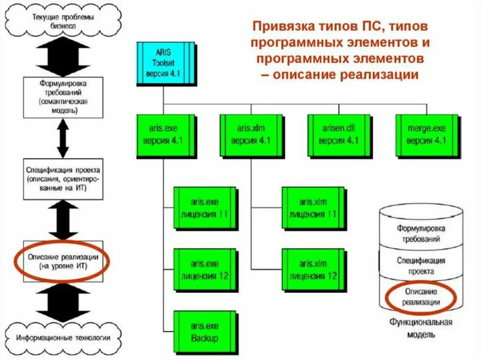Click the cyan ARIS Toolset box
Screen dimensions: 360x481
[164, 63]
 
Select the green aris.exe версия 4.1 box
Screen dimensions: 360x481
[162, 135]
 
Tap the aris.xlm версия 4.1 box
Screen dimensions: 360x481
[249, 135]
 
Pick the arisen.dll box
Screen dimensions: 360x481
[338, 135]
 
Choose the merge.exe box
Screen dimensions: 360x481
[426, 135]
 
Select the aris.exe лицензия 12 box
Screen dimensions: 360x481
[204, 270]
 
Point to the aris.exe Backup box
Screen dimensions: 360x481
[204, 331]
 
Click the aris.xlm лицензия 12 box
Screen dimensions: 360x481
[312, 270]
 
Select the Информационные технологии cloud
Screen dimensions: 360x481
[63, 337]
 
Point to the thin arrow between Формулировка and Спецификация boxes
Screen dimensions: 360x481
[63, 138]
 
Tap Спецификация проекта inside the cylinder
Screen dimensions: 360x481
[421, 266]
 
